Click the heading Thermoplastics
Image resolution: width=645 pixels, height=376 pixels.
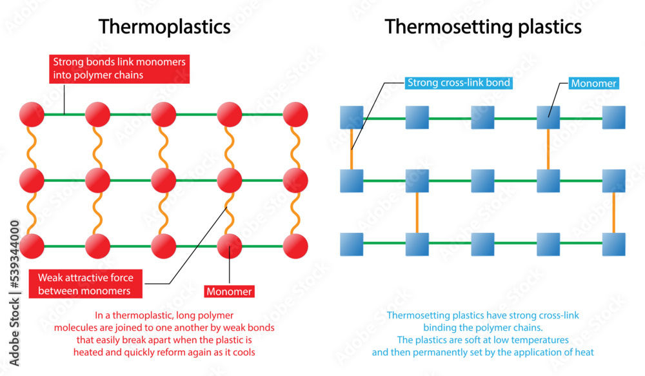[x=164, y=26]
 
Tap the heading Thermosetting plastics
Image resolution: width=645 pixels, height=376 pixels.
[x=483, y=26]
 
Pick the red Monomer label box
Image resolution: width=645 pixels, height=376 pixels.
[x=229, y=292]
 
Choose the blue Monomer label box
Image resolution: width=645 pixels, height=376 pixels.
[x=593, y=83]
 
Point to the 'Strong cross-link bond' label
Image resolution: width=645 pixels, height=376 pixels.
[x=458, y=83]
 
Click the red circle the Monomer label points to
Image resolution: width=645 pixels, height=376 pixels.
[x=229, y=246]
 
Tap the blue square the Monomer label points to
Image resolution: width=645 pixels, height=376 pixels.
[x=548, y=118]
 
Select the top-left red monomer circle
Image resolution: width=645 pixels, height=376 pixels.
[x=32, y=114]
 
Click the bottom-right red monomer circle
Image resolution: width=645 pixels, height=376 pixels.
[x=295, y=246]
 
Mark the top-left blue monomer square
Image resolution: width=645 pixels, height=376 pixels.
[x=352, y=118]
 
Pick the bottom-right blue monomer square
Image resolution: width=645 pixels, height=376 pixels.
[x=613, y=244]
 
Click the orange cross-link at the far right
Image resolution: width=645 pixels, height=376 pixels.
[x=613, y=213]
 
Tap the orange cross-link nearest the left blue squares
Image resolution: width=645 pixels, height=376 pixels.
[x=352, y=150]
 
